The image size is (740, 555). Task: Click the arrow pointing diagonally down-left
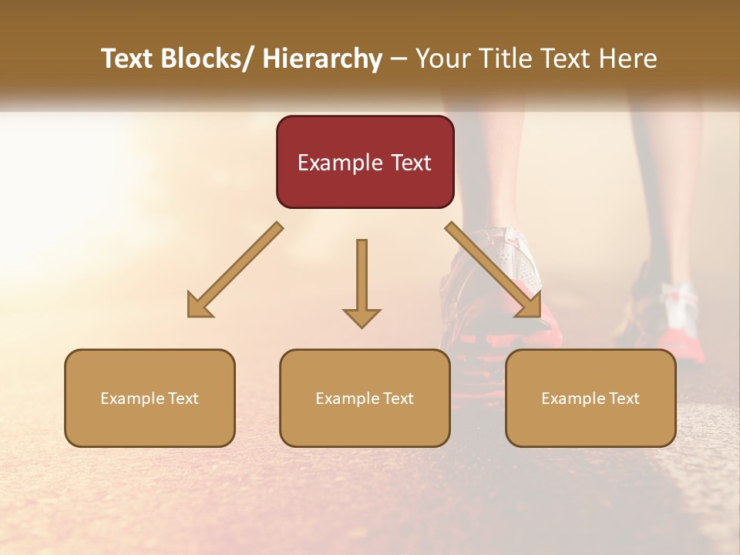pyautogui.click(x=236, y=270)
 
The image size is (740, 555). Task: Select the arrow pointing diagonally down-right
pyautogui.click(x=494, y=270)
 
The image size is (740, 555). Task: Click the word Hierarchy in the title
pyautogui.click(x=321, y=59)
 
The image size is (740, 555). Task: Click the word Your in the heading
pyautogui.click(x=441, y=59)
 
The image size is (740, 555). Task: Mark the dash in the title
pyautogui.click(x=399, y=59)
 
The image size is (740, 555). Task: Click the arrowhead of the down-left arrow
pyautogui.click(x=200, y=306)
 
